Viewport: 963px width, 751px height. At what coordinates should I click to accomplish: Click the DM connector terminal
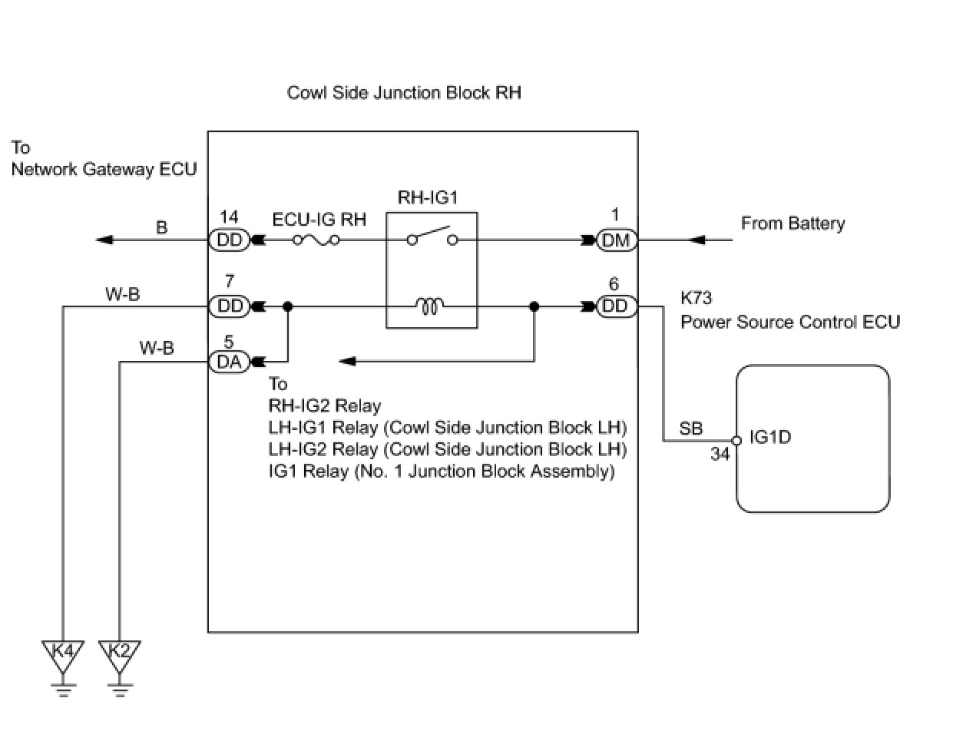click(x=617, y=240)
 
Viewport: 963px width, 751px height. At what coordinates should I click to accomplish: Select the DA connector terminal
click(x=229, y=362)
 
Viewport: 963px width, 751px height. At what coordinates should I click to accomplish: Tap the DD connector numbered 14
click(x=229, y=240)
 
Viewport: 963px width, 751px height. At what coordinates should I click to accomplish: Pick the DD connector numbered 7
click(x=229, y=306)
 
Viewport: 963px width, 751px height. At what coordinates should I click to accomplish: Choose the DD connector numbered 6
click(x=617, y=306)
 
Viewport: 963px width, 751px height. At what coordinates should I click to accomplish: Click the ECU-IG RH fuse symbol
click(x=316, y=240)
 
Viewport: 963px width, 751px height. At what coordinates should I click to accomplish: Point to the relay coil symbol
click(x=429, y=306)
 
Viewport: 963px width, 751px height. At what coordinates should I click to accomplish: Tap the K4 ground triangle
click(x=63, y=657)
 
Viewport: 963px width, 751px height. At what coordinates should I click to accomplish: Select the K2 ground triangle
click(x=120, y=657)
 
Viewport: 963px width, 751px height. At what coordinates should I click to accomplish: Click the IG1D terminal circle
click(x=736, y=441)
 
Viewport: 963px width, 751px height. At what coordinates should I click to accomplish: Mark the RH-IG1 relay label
click(x=428, y=197)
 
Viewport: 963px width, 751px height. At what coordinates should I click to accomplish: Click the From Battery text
click(x=793, y=223)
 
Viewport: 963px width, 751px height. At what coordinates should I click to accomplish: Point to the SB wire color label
click(x=691, y=428)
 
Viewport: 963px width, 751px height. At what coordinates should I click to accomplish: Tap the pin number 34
click(x=720, y=454)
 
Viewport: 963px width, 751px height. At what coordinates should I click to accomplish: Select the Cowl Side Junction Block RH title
click(x=404, y=93)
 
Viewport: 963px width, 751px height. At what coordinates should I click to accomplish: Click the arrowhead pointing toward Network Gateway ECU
click(x=104, y=240)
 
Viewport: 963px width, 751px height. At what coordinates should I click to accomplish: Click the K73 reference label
click(x=697, y=298)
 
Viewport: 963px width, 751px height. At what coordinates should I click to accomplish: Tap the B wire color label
click(x=162, y=227)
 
